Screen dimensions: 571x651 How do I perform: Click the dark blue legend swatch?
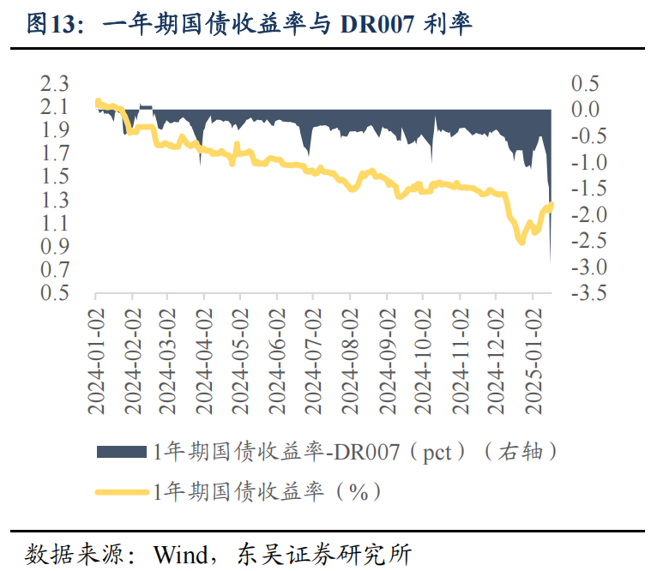(x=122, y=451)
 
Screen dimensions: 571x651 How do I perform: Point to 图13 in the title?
(x=51, y=25)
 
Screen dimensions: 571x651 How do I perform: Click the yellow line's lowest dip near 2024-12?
(x=521, y=243)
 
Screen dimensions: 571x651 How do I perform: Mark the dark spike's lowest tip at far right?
(x=550, y=264)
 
